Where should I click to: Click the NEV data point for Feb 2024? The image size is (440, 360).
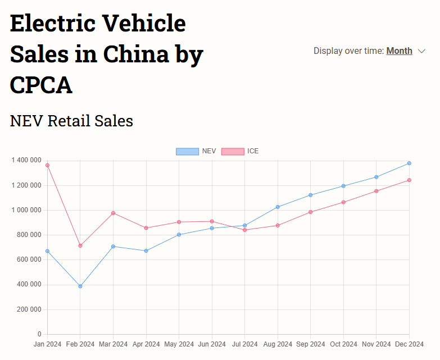click(x=80, y=286)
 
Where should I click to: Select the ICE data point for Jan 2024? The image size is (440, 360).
click(x=47, y=165)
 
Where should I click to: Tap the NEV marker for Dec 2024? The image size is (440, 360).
click(x=409, y=163)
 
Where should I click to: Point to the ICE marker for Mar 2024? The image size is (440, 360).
click(x=113, y=213)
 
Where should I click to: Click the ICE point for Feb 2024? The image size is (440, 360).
click(x=80, y=245)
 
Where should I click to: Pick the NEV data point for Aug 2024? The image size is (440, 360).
click(x=278, y=207)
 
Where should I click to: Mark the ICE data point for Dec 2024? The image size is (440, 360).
click(x=409, y=180)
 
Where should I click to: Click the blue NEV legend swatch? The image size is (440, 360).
click(x=187, y=151)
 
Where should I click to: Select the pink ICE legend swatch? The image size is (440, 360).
click(x=233, y=151)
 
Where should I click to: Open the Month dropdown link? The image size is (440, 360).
click(x=399, y=51)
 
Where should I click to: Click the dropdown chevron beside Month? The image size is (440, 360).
click(x=422, y=52)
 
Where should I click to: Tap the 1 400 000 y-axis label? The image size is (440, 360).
click(x=26, y=161)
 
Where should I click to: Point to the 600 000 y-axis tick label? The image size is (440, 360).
click(x=28, y=260)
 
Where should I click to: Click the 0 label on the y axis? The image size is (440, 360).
click(x=39, y=335)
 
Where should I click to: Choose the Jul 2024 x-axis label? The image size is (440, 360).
click(x=244, y=344)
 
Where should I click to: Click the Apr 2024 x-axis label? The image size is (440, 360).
click(x=146, y=344)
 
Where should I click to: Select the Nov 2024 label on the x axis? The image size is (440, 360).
click(x=376, y=344)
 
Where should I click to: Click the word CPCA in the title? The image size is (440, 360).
click(x=41, y=85)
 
